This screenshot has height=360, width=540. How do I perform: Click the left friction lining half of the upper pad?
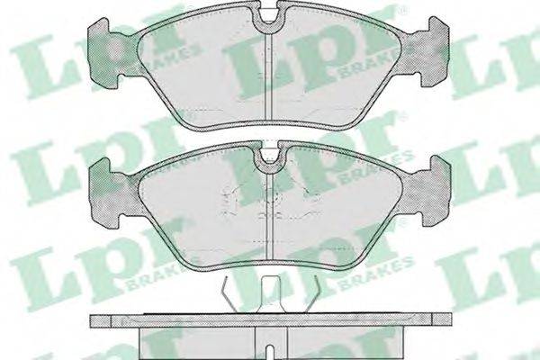(203, 72)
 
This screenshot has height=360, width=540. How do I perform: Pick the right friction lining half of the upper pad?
(336, 71)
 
